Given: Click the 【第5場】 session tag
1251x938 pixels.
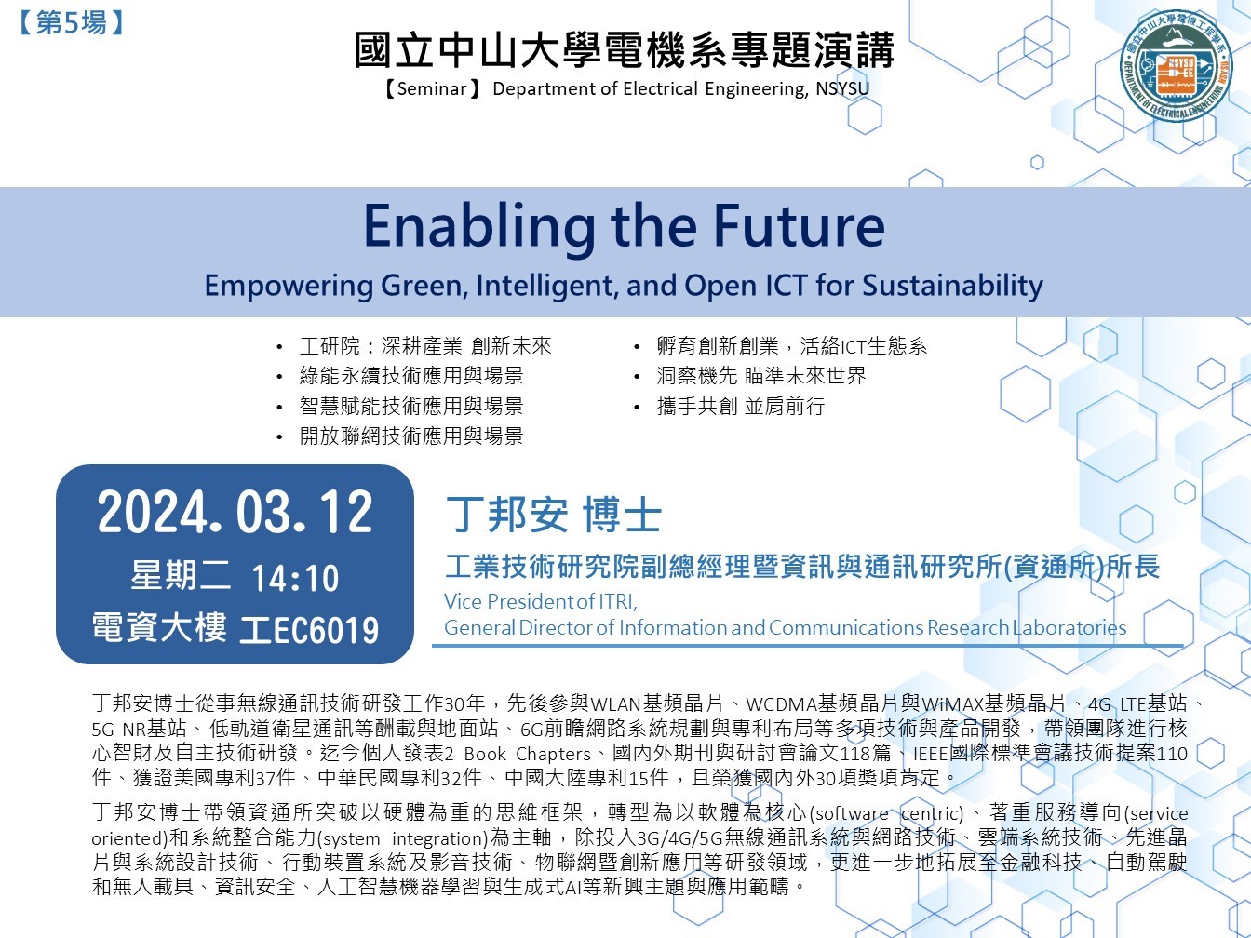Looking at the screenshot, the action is tap(71, 23).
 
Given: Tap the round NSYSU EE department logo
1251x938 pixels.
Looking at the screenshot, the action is tap(1176, 65).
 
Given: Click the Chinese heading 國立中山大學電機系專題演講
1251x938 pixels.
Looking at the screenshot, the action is tap(624, 50).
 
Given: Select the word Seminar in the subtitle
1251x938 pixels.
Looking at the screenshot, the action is tap(432, 88).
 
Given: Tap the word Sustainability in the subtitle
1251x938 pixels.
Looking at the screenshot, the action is tap(952, 286).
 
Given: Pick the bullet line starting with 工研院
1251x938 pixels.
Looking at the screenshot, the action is tap(425, 346).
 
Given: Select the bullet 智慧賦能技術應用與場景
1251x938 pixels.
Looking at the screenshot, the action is tap(410, 406).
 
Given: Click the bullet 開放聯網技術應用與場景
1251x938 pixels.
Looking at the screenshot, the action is tap(410, 436).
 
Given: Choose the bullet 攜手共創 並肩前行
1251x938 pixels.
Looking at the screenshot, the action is tap(740, 406).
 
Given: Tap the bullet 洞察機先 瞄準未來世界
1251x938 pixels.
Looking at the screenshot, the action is tap(760, 376).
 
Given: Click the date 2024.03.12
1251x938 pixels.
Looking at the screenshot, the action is tap(235, 513).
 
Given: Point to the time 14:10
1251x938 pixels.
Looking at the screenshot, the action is tap(295, 578).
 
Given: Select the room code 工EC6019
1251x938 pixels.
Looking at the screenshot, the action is tap(309, 630).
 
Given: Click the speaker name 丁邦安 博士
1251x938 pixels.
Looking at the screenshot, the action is tap(554, 515).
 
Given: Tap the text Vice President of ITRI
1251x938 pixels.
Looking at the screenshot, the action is tap(540, 601).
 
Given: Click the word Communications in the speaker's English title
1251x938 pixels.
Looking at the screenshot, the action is tap(846, 627).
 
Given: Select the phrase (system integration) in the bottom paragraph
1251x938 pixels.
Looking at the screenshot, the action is tap(402, 838).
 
